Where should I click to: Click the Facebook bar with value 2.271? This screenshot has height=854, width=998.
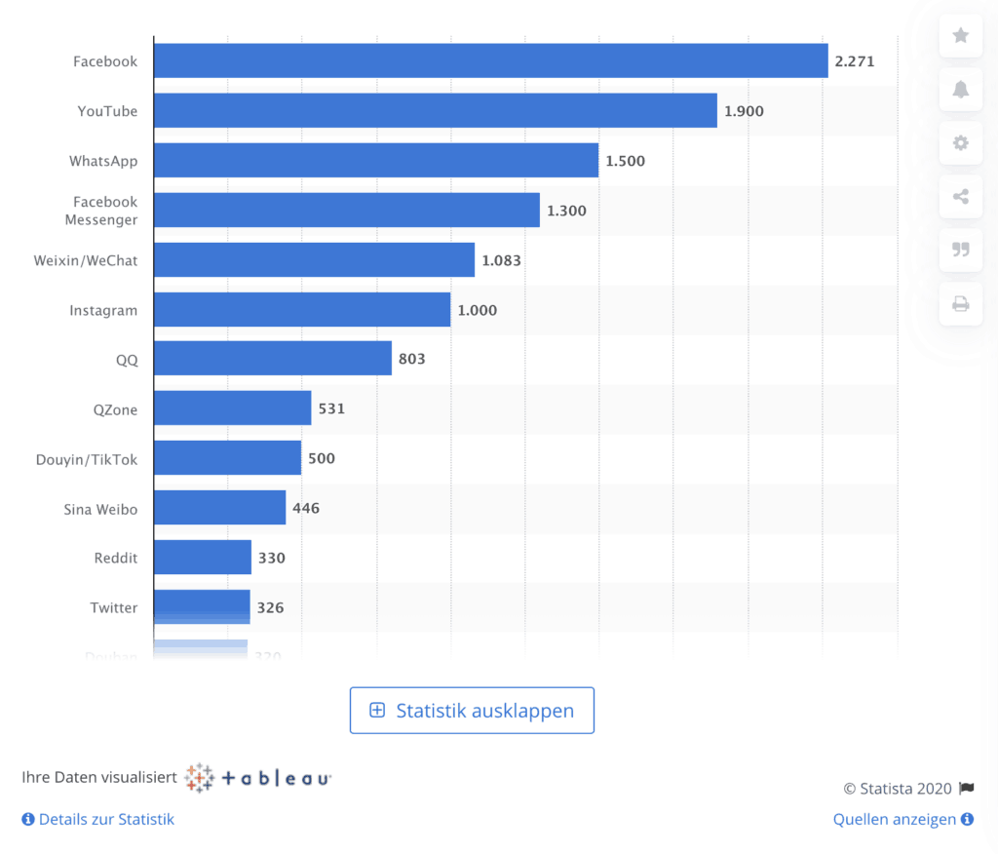pyautogui.click(x=490, y=60)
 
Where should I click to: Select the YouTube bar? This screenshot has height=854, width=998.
pyautogui.click(x=435, y=110)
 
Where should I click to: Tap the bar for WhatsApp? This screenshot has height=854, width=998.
pyautogui.click(x=375, y=160)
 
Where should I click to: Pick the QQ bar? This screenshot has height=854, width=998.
pyautogui.click(x=272, y=359)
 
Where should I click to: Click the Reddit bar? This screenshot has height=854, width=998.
pyautogui.click(x=202, y=558)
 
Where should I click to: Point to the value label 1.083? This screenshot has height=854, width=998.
pyautogui.click(x=501, y=260)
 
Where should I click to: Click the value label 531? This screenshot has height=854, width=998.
pyautogui.click(x=331, y=408)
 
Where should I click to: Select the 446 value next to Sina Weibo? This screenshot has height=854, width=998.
pyautogui.click(x=306, y=508)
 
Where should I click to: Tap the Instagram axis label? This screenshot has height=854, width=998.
pyautogui.click(x=103, y=310)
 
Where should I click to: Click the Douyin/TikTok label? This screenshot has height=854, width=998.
pyautogui.click(x=87, y=458)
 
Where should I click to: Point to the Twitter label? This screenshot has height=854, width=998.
pyautogui.click(x=114, y=607)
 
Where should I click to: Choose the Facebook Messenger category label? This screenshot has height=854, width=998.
pyautogui.click(x=101, y=211)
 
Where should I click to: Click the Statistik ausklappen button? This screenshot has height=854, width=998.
pyautogui.click(x=472, y=711)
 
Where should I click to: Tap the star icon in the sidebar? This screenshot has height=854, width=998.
pyautogui.click(x=960, y=36)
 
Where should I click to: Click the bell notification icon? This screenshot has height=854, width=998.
pyautogui.click(x=960, y=90)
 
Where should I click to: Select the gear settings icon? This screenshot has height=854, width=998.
pyautogui.click(x=960, y=143)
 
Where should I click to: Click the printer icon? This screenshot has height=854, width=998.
pyautogui.click(x=960, y=304)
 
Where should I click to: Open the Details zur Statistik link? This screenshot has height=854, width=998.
pyautogui.click(x=98, y=819)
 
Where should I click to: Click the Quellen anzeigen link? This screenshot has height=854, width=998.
pyautogui.click(x=902, y=819)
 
